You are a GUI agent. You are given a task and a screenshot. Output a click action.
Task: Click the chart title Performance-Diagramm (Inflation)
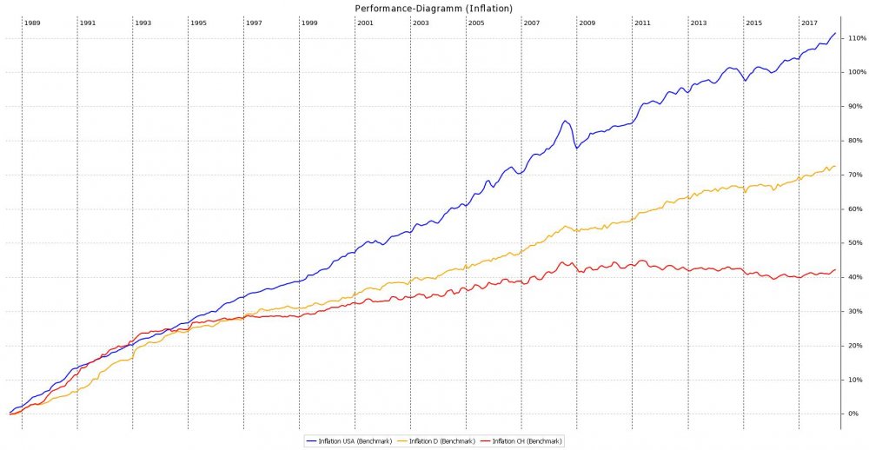coord(434,8)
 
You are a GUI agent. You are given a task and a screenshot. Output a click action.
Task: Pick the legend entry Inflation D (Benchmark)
coord(440,441)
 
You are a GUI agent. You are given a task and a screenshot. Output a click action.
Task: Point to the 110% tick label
coord(857,38)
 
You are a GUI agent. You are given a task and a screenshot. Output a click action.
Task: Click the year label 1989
coord(32,23)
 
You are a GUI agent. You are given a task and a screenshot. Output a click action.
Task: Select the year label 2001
coord(365,23)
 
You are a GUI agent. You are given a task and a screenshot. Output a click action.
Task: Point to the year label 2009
coord(587,23)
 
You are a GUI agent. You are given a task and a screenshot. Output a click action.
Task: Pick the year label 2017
coord(809,23)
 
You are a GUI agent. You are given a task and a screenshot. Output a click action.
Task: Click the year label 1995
coord(198,23)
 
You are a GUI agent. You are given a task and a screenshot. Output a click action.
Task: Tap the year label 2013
coord(698,23)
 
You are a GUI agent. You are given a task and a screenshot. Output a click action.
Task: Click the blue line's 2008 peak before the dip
coord(565,121)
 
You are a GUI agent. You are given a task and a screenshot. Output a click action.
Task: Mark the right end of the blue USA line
coord(835,33)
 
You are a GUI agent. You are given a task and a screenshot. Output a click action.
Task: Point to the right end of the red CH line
coord(835,269)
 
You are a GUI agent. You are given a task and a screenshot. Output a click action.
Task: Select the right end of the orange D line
coord(835,166)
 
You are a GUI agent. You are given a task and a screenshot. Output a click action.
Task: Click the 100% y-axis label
coord(857,72)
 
